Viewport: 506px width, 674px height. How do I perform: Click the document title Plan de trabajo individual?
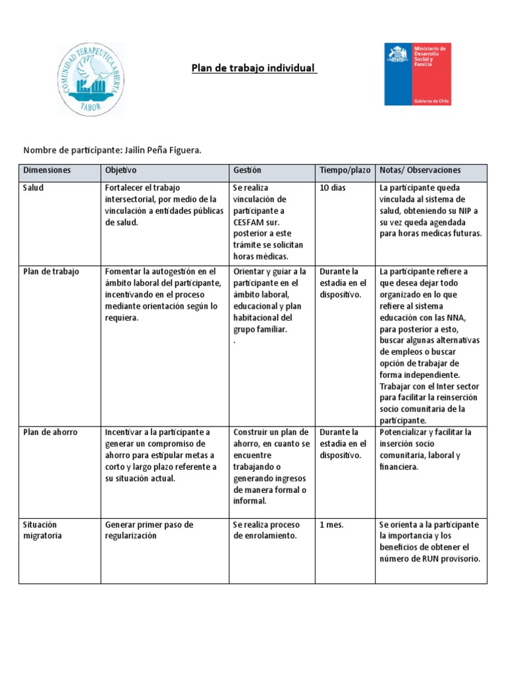pos(254,68)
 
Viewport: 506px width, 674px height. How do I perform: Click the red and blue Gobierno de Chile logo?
pos(418,74)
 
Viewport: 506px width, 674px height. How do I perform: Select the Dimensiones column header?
pos(47,170)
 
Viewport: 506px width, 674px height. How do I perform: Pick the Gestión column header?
pos(247,170)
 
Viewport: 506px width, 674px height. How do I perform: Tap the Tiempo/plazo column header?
pos(345,170)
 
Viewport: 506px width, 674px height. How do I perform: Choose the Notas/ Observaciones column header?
pos(420,170)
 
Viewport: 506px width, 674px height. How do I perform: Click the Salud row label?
pos(34,188)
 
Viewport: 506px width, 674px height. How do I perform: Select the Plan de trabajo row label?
pos(51,271)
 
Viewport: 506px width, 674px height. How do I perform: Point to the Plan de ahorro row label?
pos(50,432)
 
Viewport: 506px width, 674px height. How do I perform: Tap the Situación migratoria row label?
pos(43,530)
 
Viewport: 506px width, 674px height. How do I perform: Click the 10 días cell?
pos(333,188)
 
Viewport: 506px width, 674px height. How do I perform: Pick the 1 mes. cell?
pos(331,525)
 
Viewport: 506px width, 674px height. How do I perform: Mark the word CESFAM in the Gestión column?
pos(248,222)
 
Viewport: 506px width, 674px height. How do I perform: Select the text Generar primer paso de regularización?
pos(149,530)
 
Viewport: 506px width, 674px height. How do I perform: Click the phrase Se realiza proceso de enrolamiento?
pos(266,530)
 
